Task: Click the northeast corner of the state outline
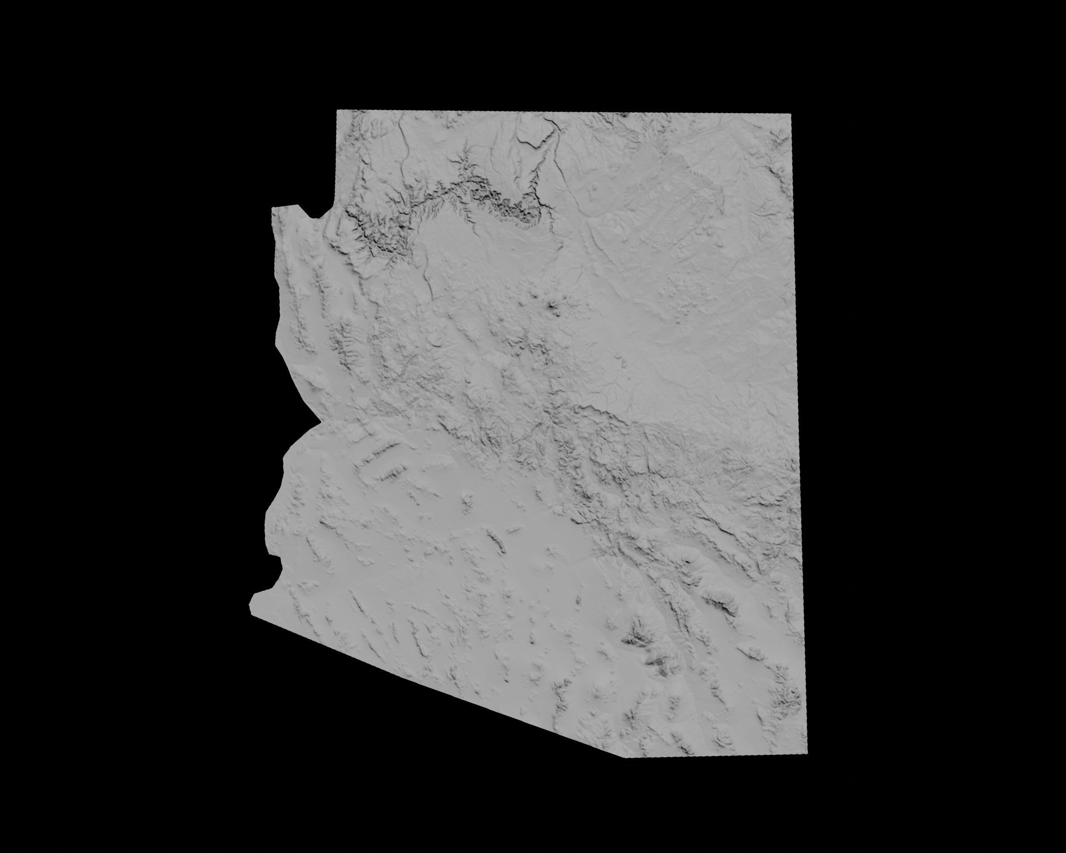tap(791, 114)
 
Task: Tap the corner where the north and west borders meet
tap(337, 110)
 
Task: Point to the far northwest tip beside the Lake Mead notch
tap(272, 209)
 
